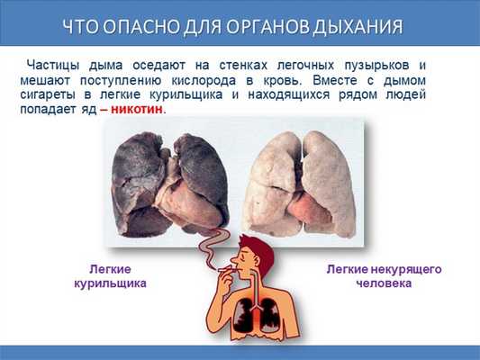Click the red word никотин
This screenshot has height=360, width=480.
click(138, 108)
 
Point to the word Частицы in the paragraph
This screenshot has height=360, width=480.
click(53, 66)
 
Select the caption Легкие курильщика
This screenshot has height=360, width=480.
click(110, 275)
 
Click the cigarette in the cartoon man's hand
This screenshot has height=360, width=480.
click(220, 266)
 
